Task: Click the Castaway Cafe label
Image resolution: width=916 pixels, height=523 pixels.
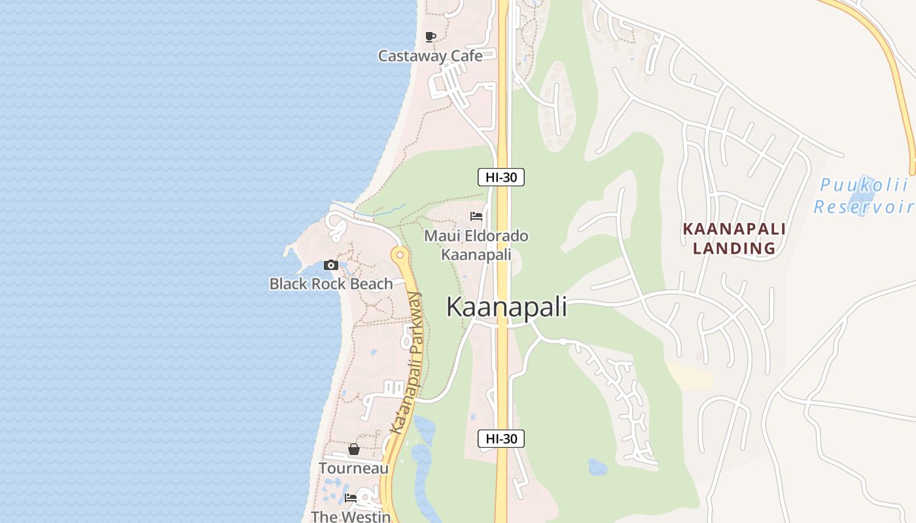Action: [x=431, y=56]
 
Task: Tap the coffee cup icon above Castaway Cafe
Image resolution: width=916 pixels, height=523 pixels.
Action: [x=430, y=37]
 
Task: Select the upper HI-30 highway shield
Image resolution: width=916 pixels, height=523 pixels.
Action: [x=501, y=177]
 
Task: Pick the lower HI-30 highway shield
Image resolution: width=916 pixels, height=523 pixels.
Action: [x=501, y=439]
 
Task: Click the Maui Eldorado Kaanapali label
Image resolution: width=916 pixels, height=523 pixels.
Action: [x=476, y=245]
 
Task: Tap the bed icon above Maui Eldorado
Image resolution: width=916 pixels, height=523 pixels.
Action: [x=476, y=216]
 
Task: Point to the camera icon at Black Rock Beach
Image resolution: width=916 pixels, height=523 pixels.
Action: [x=331, y=265]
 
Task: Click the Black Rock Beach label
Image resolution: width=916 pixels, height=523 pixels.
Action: [x=331, y=284]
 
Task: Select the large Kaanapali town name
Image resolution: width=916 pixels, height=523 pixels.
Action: [x=506, y=307]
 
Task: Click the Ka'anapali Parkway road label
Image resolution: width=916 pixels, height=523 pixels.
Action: [x=406, y=363]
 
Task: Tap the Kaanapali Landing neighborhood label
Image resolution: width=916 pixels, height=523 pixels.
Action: [x=734, y=239]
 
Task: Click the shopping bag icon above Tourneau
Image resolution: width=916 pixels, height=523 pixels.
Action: [x=354, y=449]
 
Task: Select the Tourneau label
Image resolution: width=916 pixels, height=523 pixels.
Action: [x=354, y=468]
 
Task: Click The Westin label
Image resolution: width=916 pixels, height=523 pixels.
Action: [x=351, y=516]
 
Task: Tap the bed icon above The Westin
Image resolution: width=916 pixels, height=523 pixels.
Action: [x=351, y=498]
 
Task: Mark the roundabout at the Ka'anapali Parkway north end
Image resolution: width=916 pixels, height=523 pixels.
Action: [x=400, y=254]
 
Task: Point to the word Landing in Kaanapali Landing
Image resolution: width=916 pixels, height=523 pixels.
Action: [x=734, y=248]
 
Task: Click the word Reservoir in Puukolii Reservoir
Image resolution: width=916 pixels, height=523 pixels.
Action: [x=864, y=207]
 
